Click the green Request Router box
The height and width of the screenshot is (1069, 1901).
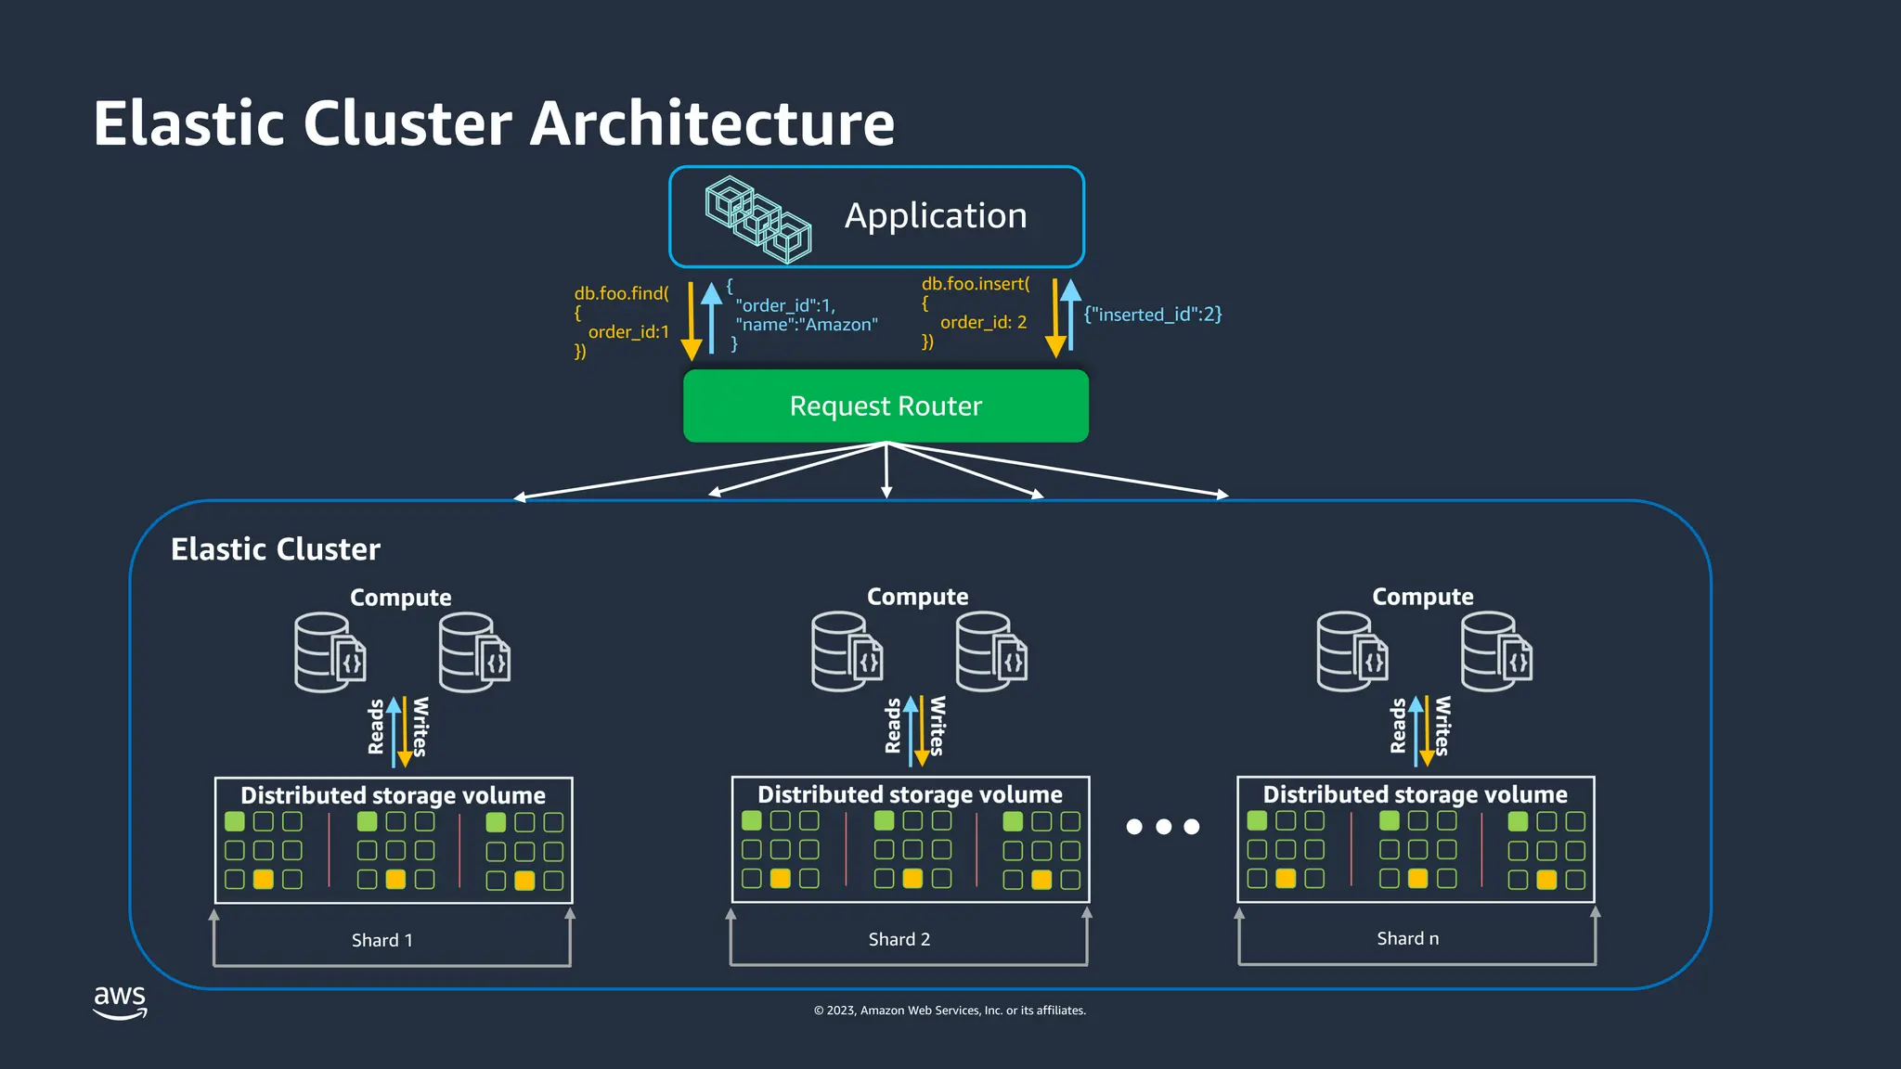[x=886, y=406]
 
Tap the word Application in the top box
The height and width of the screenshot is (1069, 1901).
[x=936, y=216]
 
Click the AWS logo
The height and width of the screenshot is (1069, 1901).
[x=120, y=1001]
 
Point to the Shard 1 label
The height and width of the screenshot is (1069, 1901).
[x=381, y=940]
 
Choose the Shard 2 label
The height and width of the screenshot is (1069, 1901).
[x=899, y=939]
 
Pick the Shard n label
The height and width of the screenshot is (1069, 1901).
[x=1407, y=938]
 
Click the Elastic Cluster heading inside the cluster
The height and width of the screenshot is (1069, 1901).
[x=276, y=549]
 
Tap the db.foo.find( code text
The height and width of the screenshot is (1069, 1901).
[x=621, y=293]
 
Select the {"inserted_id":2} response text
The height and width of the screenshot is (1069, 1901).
[x=1153, y=315]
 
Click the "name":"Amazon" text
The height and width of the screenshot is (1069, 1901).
[x=806, y=325]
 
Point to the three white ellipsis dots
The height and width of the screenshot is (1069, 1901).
[x=1163, y=827]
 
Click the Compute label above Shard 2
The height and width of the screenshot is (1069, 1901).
[x=917, y=597]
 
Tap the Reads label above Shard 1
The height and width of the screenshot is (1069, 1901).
[x=376, y=727]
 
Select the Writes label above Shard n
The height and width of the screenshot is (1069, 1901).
[x=1442, y=726]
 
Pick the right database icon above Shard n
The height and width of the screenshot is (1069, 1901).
[x=1495, y=651]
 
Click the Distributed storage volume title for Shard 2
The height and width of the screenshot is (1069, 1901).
[x=910, y=794]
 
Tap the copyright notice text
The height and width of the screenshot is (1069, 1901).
[x=950, y=1011]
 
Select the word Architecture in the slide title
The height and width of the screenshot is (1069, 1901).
[x=712, y=123]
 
